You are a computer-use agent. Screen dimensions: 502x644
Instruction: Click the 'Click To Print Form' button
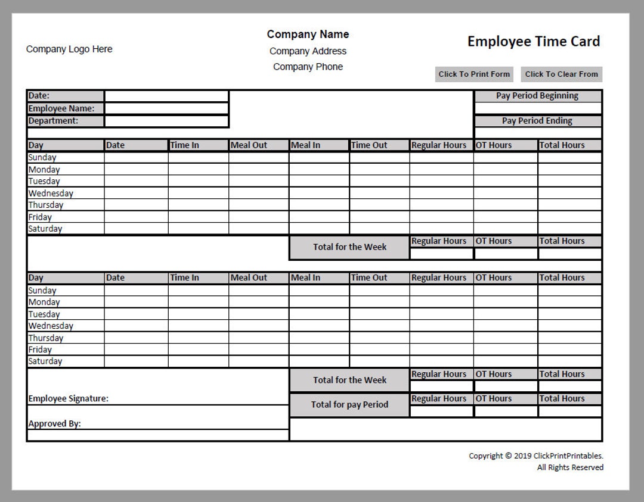tap(474, 74)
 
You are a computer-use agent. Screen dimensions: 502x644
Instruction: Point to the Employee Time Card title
tap(534, 41)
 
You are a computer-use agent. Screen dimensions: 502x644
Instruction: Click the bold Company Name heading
tap(308, 35)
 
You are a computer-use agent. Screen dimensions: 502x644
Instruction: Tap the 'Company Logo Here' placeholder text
tap(69, 49)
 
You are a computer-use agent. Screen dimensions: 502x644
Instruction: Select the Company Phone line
tap(308, 67)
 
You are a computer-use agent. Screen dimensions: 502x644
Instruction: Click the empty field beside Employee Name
tap(166, 108)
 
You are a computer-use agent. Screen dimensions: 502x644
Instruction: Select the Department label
tap(54, 121)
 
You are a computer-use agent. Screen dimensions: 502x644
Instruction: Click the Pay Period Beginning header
tap(537, 96)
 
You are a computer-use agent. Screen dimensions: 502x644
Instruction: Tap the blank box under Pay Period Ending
tap(537, 133)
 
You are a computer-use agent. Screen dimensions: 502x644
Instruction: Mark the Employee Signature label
tap(69, 399)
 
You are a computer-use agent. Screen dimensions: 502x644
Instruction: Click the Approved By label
tap(55, 424)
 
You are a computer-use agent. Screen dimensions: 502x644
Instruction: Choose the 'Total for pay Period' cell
tap(349, 405)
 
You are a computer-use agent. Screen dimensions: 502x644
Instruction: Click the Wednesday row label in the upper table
tap(51, 194)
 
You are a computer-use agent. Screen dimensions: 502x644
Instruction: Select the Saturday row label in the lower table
tap(45, 361)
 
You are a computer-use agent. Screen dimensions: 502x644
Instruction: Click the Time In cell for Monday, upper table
tap(198, 170)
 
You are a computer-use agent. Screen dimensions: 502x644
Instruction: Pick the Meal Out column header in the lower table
tap(249, 277)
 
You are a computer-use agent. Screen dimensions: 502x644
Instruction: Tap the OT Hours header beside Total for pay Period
tap(494, 399)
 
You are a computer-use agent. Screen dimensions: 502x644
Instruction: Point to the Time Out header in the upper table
tap(369, 145)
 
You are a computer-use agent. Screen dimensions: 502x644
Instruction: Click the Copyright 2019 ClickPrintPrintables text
tap(535, 456)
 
